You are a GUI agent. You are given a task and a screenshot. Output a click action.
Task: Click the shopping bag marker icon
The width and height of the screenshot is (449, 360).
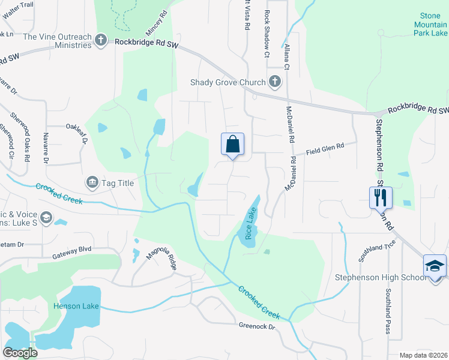tap(233, 145)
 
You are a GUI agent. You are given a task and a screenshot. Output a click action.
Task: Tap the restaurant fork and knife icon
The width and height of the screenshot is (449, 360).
tap(381, 197)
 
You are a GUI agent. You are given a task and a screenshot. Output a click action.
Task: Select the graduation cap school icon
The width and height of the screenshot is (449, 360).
tap(435, 266)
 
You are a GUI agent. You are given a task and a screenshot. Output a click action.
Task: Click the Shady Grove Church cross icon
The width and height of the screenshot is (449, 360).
tap(275, 82)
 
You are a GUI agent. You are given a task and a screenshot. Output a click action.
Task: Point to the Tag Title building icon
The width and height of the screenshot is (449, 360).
tap(92, 182)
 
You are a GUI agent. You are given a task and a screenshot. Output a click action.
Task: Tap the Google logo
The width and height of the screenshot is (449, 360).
tap(20, 353)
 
